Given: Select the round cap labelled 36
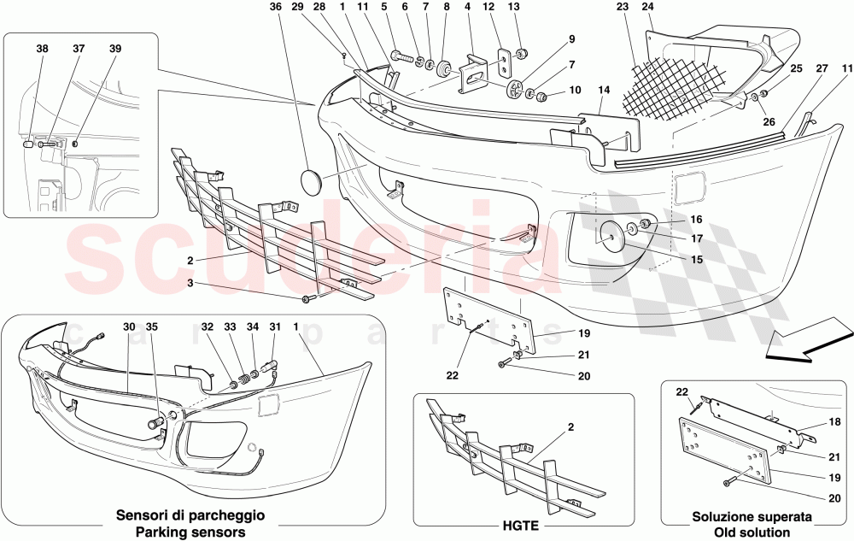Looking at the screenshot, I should (x=311, y=182).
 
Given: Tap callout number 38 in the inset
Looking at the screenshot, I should (x=42, y=49).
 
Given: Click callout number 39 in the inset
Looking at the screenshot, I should (x=114, y=49).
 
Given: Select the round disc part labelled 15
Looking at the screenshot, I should (x=612, y=236).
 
